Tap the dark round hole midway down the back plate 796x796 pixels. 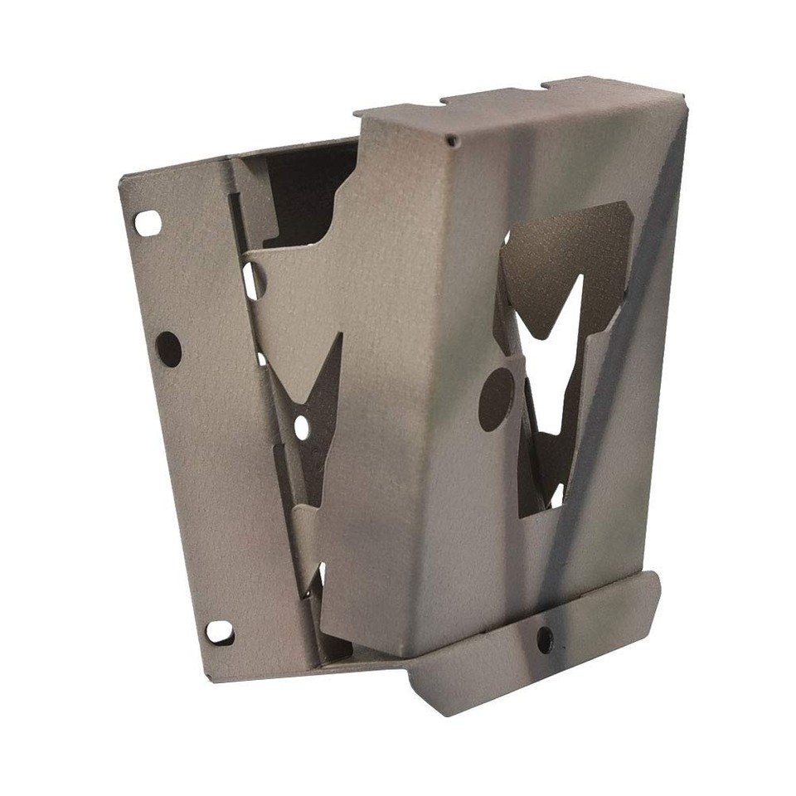click(168, 349)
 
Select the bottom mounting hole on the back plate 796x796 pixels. click(219, 633)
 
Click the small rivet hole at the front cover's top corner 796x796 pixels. click(451, 142)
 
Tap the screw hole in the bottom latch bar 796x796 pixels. click(545, 637)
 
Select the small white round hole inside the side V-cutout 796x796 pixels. click(300, 426)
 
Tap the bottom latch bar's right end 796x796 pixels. click(655, 585)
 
